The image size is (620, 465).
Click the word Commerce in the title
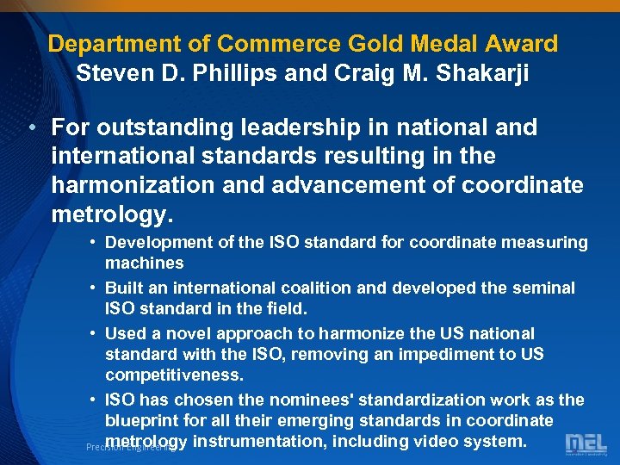click(x=268, y=43)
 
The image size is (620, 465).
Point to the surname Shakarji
click(x=485, y=73)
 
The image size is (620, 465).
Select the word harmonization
click(x=138, y=186)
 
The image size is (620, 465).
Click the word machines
click(x=144, y=263)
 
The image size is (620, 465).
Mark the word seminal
click(x=544, y=288)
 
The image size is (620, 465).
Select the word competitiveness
click(x=175, y=375)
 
